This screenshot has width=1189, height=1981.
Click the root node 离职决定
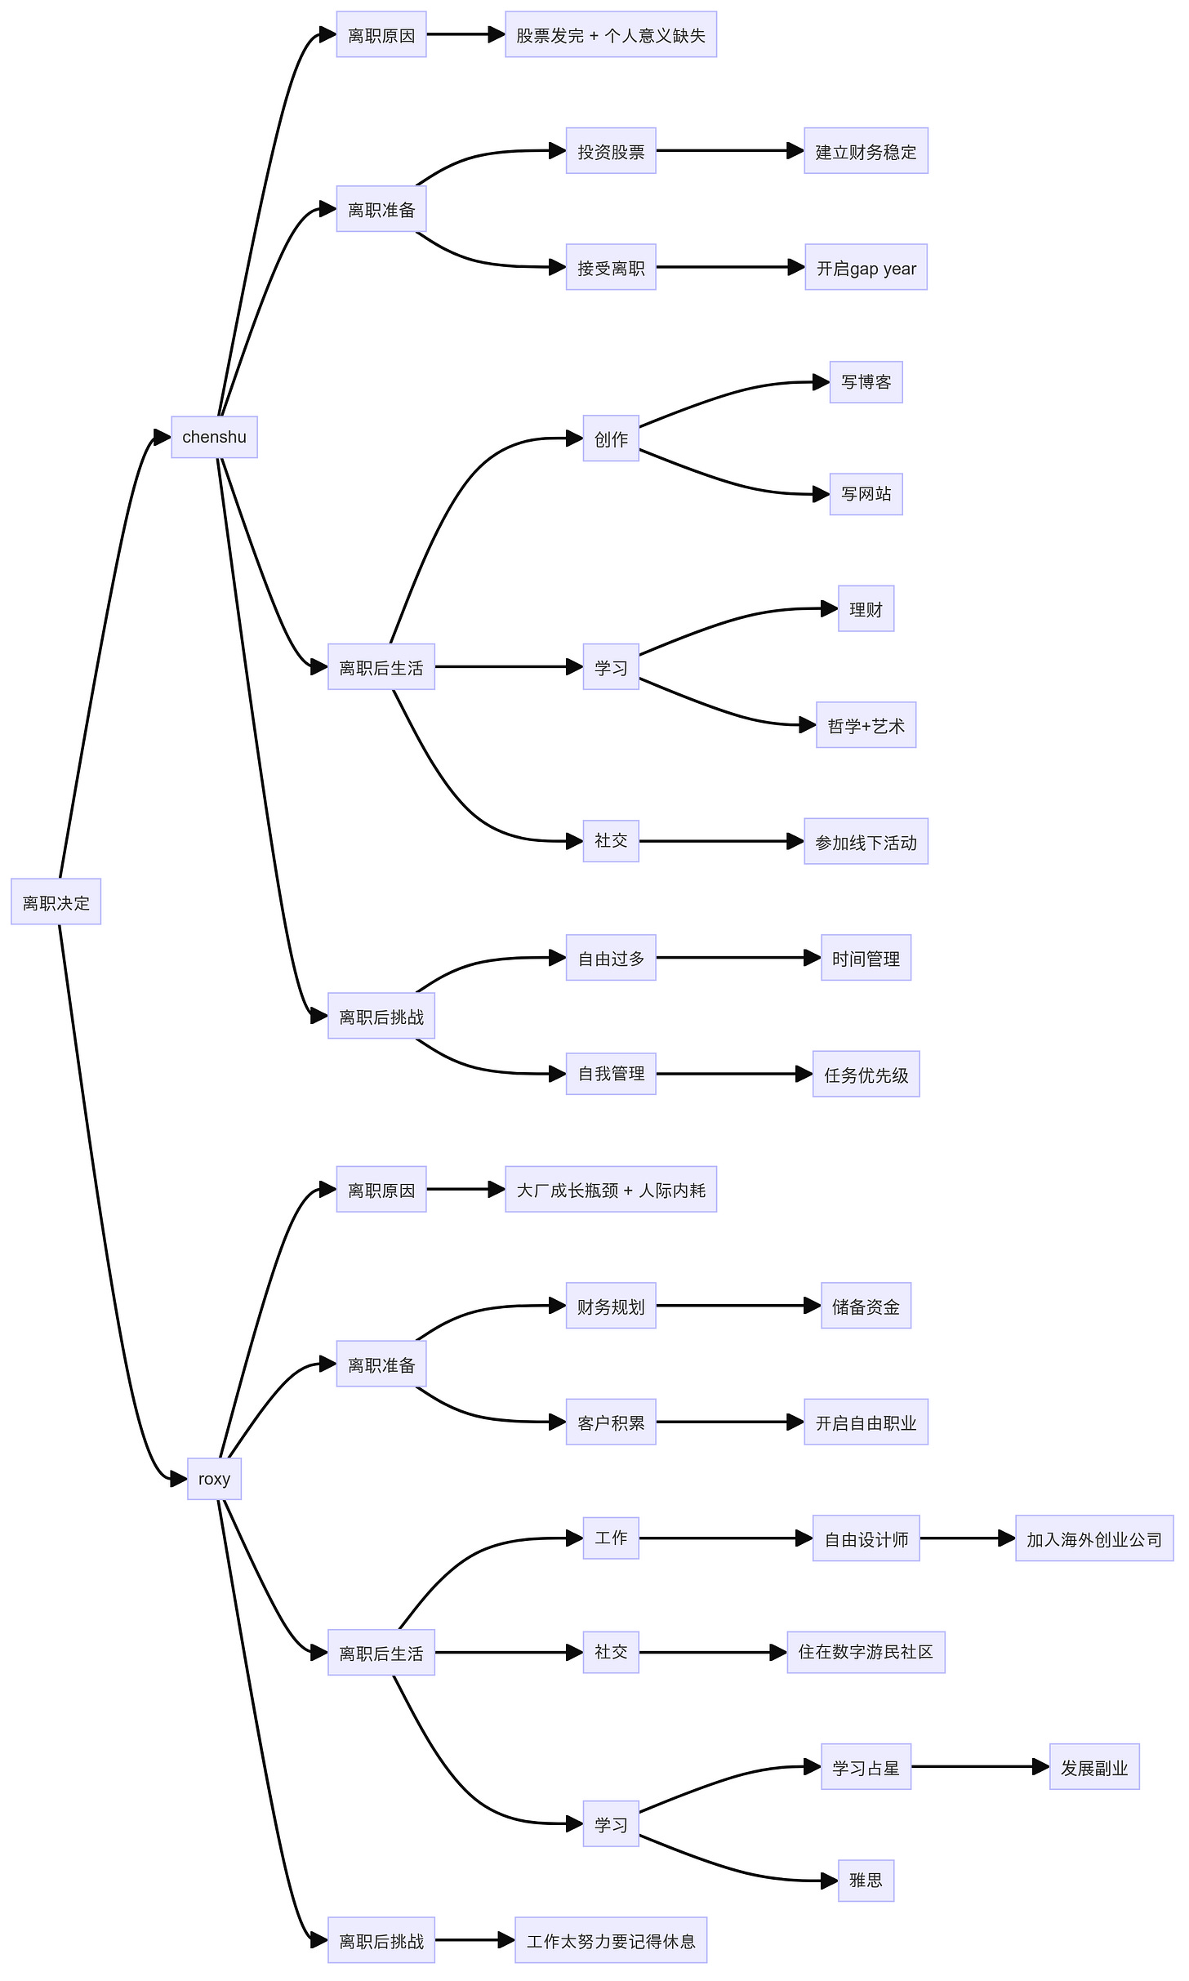[56, 901]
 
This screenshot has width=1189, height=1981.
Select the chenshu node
[214, 437]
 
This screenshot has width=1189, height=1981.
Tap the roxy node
[214, 1479]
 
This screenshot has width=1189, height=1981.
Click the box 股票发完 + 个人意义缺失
[610, 35]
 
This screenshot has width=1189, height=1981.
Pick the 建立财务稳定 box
[866, 151]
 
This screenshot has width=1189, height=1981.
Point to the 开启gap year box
[866, 268]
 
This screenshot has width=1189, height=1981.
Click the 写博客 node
[866, 382]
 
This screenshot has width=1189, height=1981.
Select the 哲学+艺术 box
[866, 725]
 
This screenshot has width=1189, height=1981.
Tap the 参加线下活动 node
[866, 842]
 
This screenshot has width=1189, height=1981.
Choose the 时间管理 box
[866, 958]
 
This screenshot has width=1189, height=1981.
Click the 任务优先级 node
[866, 1075]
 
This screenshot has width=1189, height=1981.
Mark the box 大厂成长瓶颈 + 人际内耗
[610, 1190]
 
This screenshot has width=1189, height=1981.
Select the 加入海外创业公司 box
[1093, 1539]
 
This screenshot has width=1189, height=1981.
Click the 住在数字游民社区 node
[866, 1653]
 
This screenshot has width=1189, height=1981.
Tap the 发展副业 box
[1093, 1767]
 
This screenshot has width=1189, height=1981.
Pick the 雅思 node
[866, 1881]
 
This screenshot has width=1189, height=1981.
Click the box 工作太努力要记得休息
[610, 1940]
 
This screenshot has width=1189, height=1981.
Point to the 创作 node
[611, 438]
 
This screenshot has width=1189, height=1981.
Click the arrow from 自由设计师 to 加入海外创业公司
[968, 1538]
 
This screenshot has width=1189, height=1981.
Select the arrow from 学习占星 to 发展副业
[980, 1767]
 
